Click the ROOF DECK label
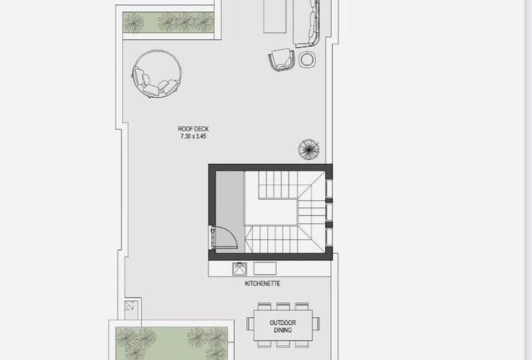pyautogui.click(x=193, y=129)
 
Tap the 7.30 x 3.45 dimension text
pyautogui.click(x=193, y=136)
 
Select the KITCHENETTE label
pyautogui.click(x=263, y=284)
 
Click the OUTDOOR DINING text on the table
pyautogui.click(x=283, y=326)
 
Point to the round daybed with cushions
pyautogui.click(x=156, y=74)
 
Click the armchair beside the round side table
pyautogui.click(x=281, y=60)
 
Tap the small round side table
pyautogui.click(x=307, y=60)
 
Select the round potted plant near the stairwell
pyautogui.click(x=309, y=149)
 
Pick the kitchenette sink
pyautogui.click(x=240, y=268)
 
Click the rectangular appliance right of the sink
pyautogui.click(x=265, y=268)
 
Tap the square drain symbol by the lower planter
pyautogui.click(x=130, y=306)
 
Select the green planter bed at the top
pyautogui.click(x=168, y=22)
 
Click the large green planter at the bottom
pyautogui.click(x=172, y=343)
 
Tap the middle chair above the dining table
pyautogui.click(x=283, y=306)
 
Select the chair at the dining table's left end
pyautogui.click(x=250, y=323)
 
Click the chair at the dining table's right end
pyautogui.click(x=316, y=323)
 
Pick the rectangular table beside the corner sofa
pyautogui.click(x=275, y=16)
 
